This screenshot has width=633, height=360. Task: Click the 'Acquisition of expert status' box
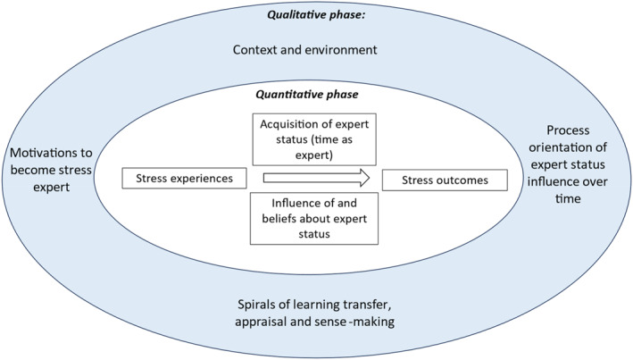point(312,139)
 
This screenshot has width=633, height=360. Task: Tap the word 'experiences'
point(204,179)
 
